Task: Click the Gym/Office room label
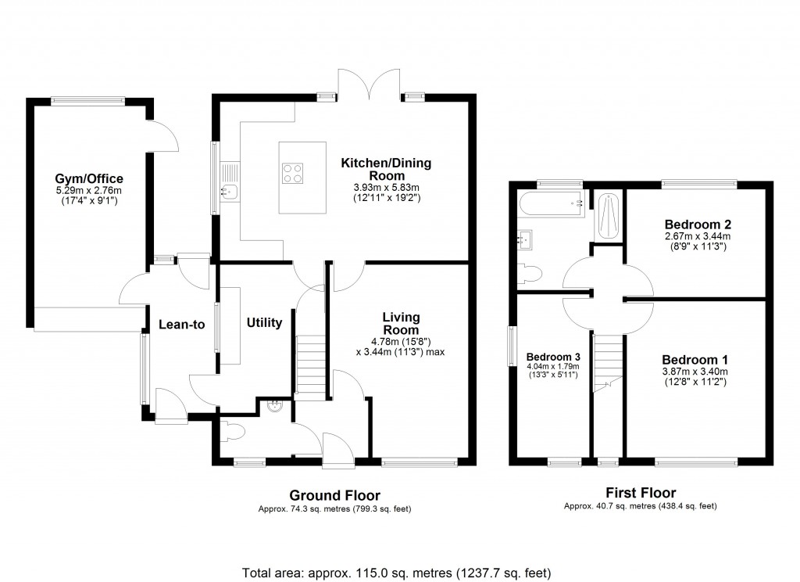pyautogui.click(x=88, y=178)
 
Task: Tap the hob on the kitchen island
pyautogui.click(x=294, y=172)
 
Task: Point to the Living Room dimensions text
pyautogui.click(x=401, y=346)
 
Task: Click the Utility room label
pyautogui.click(x=264, y=322)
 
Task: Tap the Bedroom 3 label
pyautogui.click(x=549, y=353)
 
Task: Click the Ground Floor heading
pyautogui.click(x=334, y=495)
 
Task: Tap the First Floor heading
pyautogui.click(x=641, y=492)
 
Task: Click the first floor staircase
pyautogui.click(x=607, y=364)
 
